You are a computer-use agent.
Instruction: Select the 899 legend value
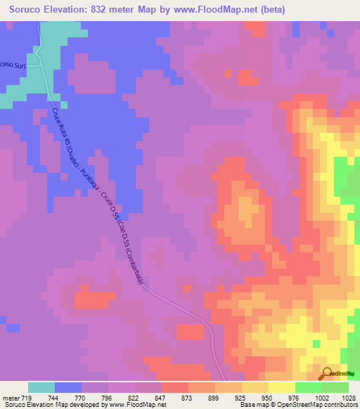pos(216,397)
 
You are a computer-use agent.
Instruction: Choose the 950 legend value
pos(269,397)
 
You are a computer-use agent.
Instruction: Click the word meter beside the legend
pos(9,397)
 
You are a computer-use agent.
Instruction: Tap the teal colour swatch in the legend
pos(41,387)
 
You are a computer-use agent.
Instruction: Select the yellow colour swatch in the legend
pos(282,387)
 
